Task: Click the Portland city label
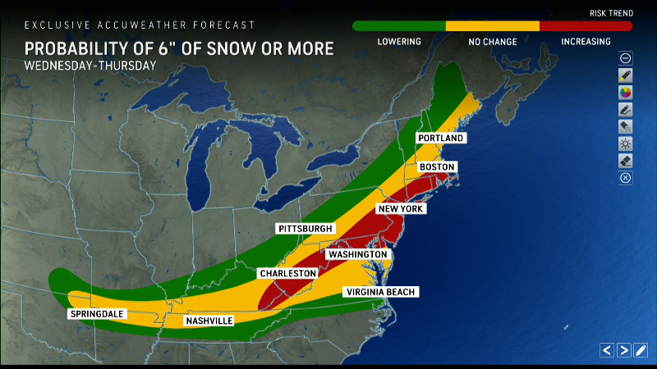[x=440, y=138]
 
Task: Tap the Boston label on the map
[x=436, y=167]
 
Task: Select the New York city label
[x=400, y=209]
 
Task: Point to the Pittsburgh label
[x=306, y=228]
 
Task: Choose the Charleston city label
[x=287, y=272]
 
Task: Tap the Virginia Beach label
[x=382, y=292]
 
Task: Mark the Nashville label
[x=210, y=320]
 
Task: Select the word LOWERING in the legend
[x=399, y=42]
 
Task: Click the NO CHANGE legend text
[x=492, y=42]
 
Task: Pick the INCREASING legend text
[x=586, y=42]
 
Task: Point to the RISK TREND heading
[x=611, y=14]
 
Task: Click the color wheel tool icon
[x=625, y=93]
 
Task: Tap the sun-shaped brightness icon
[x=625, y=143]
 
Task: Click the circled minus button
[x=625, y=58]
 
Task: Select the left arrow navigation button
[x=607, y=350]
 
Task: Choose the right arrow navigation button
[x=624, y=350]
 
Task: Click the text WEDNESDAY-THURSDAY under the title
[x=90, y=65]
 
